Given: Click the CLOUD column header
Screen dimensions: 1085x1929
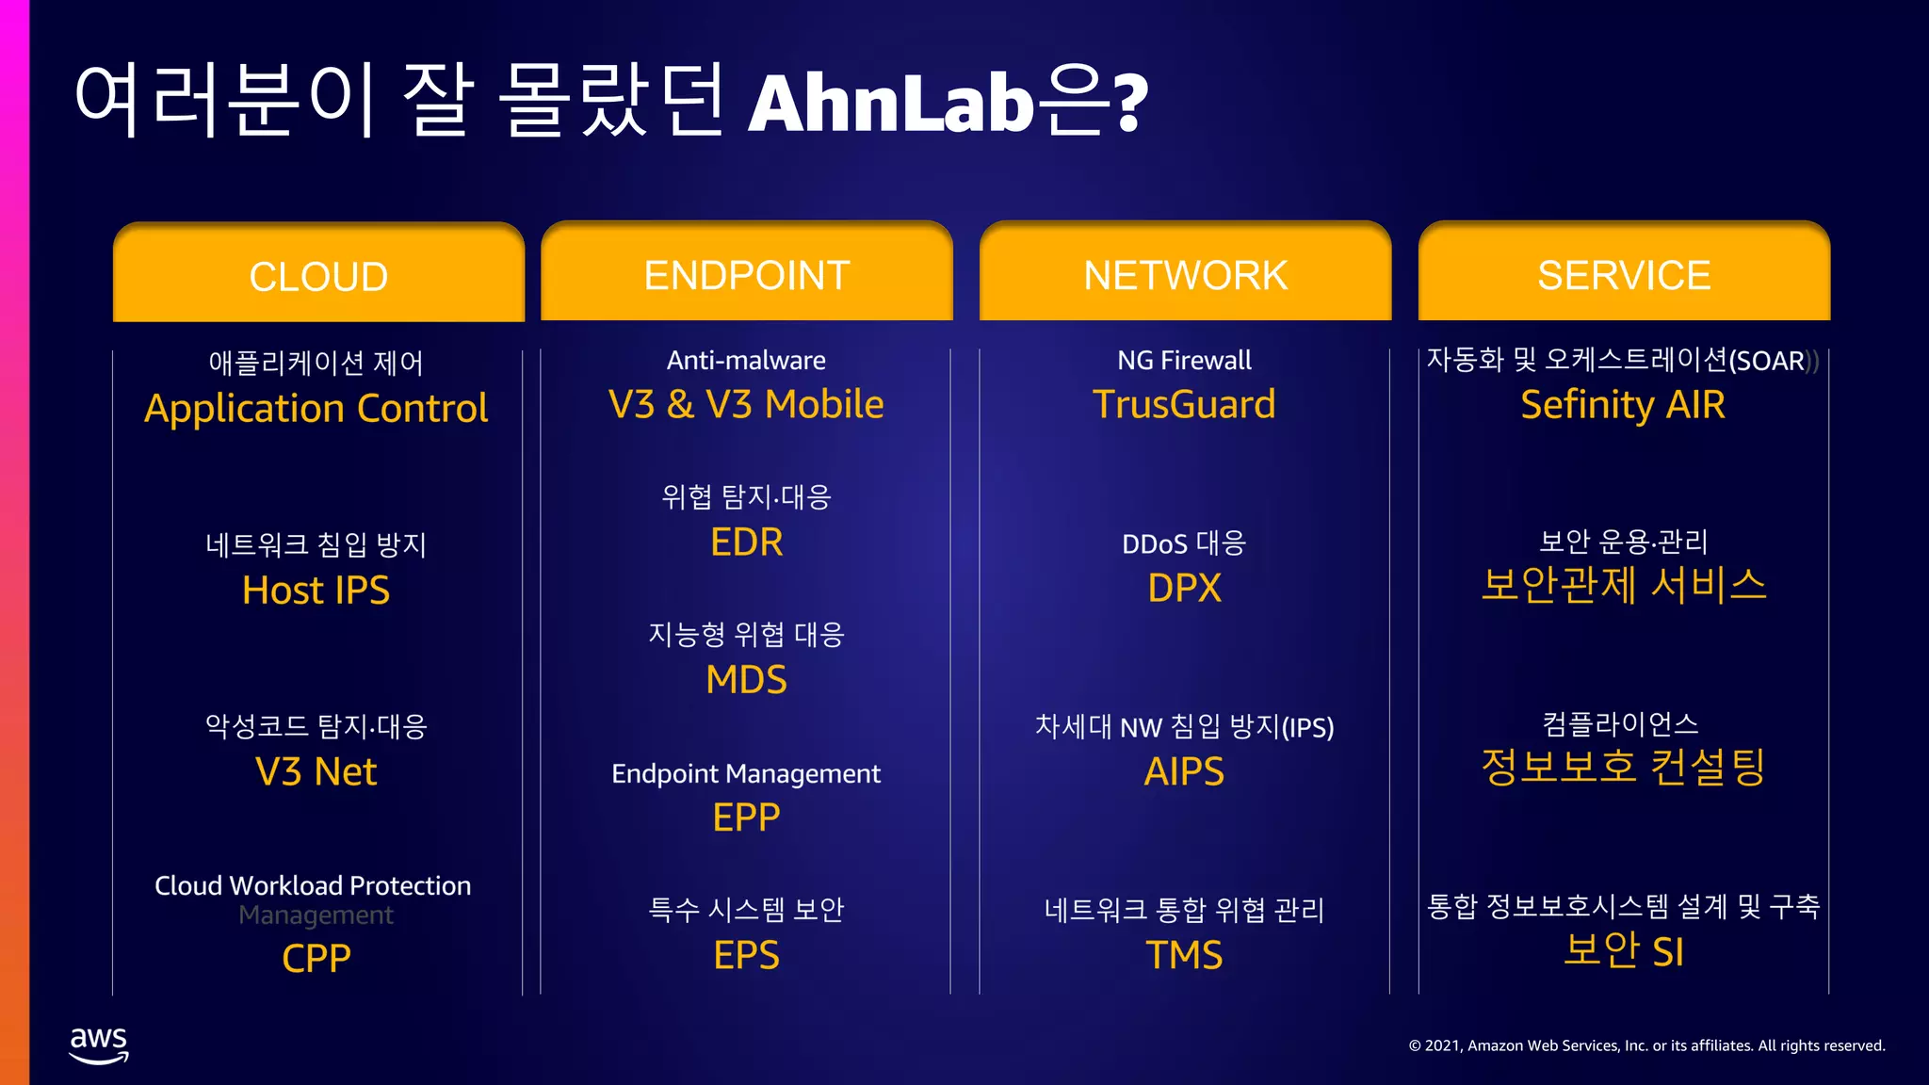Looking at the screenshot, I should pyautogui.click(x=318, y=276).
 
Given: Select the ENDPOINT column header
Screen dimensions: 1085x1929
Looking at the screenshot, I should pyautogui.click(x=746, y=275).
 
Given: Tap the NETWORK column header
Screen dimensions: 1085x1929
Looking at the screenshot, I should pyautogui.click(x=1185, y=275).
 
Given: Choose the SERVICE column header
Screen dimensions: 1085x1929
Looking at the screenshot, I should pyautogui.click(x=1624, y=275).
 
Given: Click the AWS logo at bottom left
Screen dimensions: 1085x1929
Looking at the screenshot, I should pyautogui.click(x=99, y=1045).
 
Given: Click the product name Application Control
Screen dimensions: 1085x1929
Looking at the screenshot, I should pyautogui.click(x=316, y=408).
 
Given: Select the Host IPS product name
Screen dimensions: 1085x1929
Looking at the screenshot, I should pyautogui.click(x=316, y=591).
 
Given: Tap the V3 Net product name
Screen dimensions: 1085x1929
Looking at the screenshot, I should pyautogui.click(x=316, y=772).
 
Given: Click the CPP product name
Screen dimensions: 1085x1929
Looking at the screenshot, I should pyautogui.click(x=316, y=958).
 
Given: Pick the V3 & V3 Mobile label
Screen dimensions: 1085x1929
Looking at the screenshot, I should pyautogui.click(x=746, y=405).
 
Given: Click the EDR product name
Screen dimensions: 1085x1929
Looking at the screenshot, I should pyautogui.click(x=746, y=542).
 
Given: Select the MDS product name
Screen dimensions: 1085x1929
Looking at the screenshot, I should pyautogui.click(x=746, y=680).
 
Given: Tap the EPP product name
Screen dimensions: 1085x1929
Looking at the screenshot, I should pyautogui.click(x=746, y=818).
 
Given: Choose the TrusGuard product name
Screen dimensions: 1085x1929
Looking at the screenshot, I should pyautogui.click(x=1184, y=405).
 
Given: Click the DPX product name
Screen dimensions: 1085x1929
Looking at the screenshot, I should pyautogui.click(x=1184, y=589).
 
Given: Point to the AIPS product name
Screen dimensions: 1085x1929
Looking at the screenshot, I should pyautogui.click(x=1184, y=772).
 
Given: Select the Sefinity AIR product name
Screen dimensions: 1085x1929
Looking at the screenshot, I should pyautogui.click(x=1623, y=405).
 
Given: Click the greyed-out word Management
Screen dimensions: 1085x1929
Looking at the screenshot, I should pyautogui.click(x=316, y=915).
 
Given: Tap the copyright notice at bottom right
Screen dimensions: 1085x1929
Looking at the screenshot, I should pyautogui.click(x=1646, y=1045).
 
